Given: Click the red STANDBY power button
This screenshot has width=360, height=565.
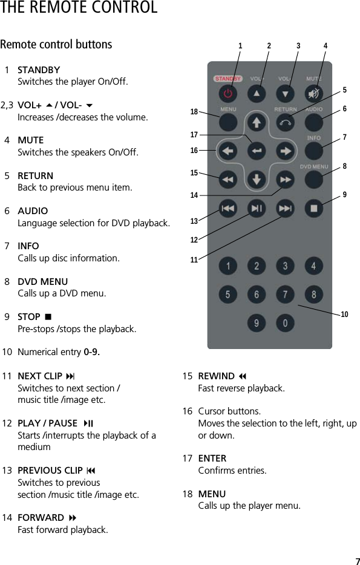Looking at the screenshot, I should click(x=227, y=94).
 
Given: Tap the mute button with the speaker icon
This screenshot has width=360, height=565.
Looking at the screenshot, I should click(x=313, y=94).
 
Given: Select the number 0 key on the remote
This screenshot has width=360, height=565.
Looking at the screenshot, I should click(x=285, y=323).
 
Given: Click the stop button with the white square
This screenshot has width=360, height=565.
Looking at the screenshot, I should click(x=313, y=208).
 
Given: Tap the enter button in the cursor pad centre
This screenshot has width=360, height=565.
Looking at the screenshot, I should click(x=257, y=151).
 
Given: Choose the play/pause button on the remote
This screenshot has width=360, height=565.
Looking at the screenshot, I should click(x=257, y=208).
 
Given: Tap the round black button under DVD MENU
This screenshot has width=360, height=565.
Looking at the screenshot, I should click(x=313, y=180).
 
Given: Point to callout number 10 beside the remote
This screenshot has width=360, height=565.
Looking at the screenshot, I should click(x=344, y=315).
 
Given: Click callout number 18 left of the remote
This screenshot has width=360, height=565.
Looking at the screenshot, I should click(x=194, y=112).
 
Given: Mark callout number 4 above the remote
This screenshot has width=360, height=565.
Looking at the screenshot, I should click(x=326, y=46).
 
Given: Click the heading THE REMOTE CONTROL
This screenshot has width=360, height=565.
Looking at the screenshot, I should click(x=79, y=8).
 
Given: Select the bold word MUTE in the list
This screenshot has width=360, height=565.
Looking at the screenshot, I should click(x=30, y=140).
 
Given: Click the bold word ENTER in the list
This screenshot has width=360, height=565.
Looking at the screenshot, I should click(x=212, y=459).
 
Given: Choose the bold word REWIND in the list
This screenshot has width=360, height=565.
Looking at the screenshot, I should click(x=216, y=376).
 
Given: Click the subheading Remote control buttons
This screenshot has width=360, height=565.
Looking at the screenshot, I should click(x=56, y=45).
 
